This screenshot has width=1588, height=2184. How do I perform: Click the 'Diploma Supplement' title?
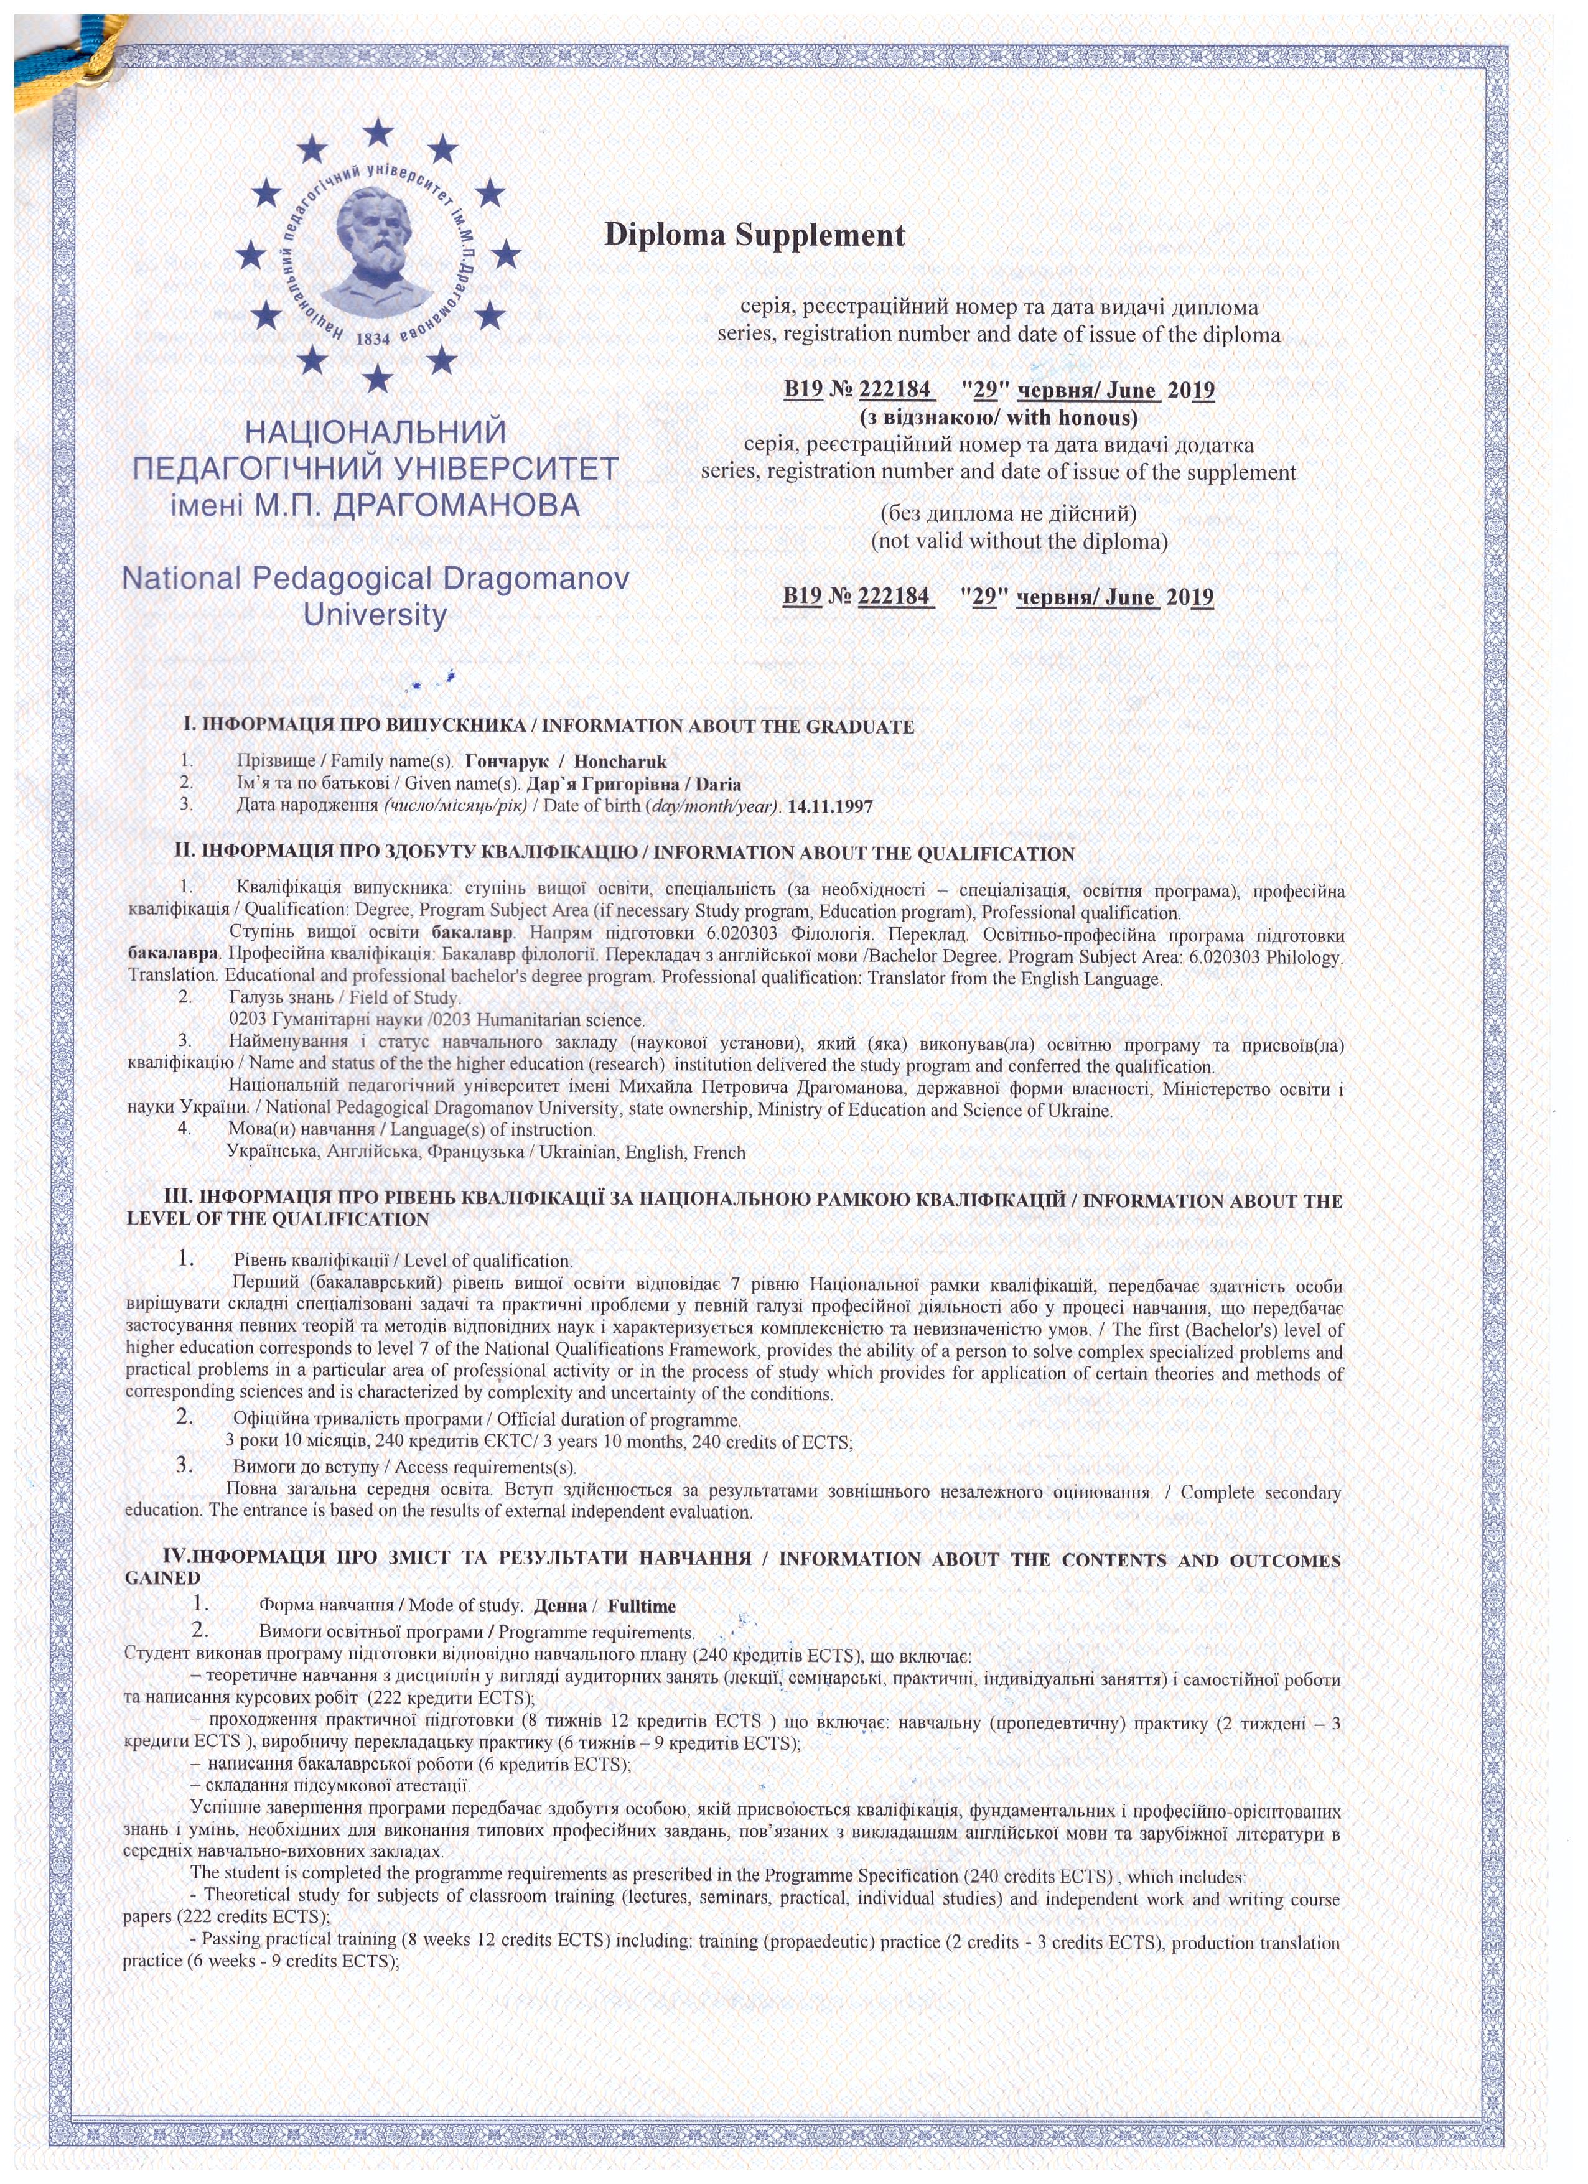[754, 235]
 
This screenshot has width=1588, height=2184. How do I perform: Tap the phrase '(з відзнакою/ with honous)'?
[997, 418]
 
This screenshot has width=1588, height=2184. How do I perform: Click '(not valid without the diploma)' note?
[1019, 541]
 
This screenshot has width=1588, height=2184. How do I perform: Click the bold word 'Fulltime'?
[642, 1606]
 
